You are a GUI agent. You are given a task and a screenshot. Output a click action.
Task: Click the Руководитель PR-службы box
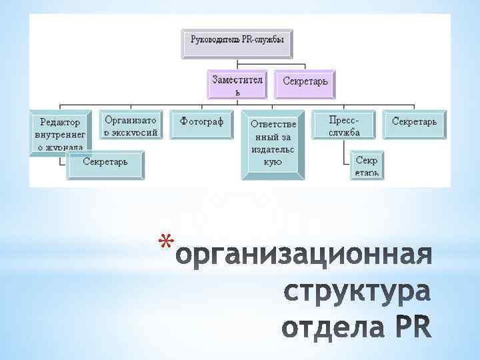(238, 41)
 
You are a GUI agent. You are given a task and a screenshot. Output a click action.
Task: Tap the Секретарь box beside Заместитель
(305, 83)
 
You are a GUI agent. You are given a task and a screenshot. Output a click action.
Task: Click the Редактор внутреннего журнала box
(59, 133)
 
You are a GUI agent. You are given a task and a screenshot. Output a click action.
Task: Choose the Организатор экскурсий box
(131, 124)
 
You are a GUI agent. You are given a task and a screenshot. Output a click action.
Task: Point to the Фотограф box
(201, 123)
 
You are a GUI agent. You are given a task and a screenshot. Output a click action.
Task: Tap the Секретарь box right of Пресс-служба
(414, 122)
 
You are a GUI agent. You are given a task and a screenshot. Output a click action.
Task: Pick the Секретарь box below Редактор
(105, 163)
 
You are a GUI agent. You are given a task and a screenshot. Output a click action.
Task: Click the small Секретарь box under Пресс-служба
(366, 166)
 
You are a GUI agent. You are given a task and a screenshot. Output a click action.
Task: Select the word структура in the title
(357, 293)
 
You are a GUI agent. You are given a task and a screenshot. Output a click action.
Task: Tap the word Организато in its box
(131, 119)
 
